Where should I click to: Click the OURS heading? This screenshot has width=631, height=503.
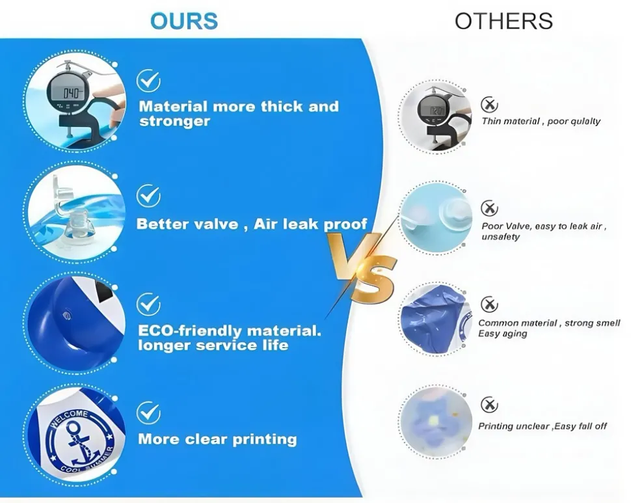(184, 21)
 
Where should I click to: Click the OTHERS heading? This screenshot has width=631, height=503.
(503, 21)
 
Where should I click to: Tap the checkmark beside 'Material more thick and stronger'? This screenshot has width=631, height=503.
(148, 81)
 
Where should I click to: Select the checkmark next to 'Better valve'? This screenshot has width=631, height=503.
(148, 196)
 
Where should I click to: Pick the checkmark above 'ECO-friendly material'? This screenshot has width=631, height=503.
(148, 305)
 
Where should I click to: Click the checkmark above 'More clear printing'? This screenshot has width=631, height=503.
(148, 413)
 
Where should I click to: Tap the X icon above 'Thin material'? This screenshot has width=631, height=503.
(489, 105)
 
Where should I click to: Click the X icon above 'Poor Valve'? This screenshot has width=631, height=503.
(489, 208)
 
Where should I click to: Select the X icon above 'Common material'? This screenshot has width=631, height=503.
(489, 305)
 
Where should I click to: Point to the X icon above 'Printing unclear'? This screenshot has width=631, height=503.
(489, 405)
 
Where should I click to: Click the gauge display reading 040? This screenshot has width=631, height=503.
(71, 93)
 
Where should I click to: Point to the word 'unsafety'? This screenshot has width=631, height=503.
(501, 237)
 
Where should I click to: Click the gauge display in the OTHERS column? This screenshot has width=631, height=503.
(431, 110)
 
